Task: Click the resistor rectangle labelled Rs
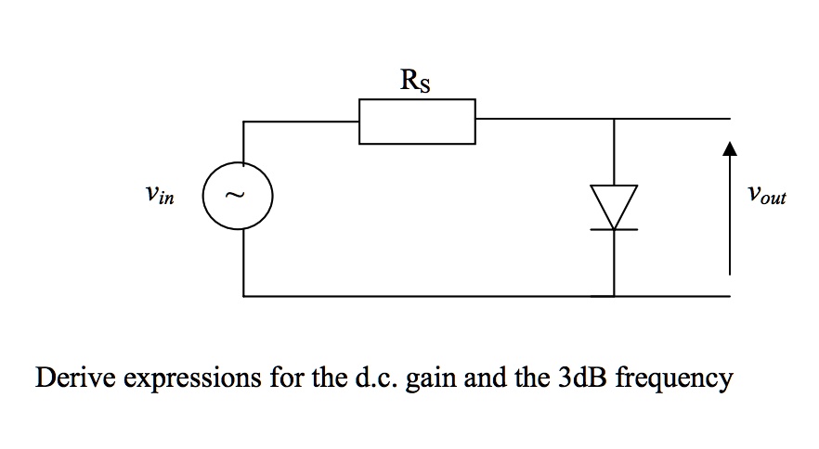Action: point(417,122)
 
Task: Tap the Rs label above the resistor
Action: point(415,82)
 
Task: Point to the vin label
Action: point(159,197)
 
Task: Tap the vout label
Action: point(766,197)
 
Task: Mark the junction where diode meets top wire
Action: point(614,120)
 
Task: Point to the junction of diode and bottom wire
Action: point(614,296)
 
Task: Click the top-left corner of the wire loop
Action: point(243,120)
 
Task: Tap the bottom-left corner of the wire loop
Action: point(243,296)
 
